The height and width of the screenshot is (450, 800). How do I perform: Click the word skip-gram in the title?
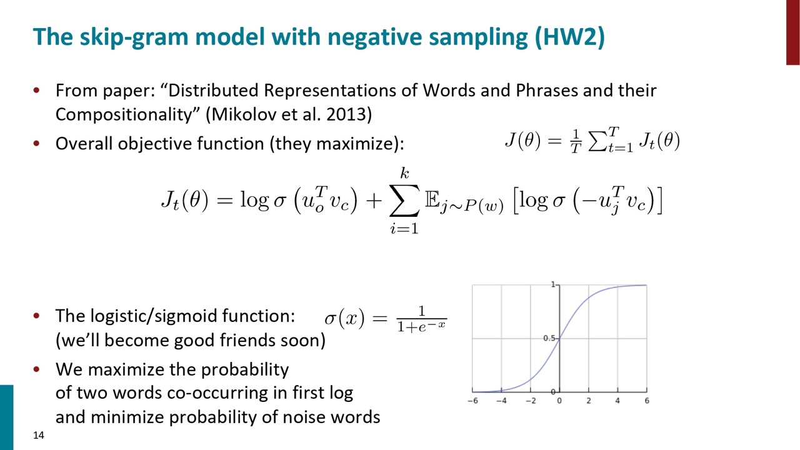click(134, 37)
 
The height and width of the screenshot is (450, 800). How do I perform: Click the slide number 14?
click(39, 436)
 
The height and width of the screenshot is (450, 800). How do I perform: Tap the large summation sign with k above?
click(404, 201)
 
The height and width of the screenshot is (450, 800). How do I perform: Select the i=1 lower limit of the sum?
click(404, 228)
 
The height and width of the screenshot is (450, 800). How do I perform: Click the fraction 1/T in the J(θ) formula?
click(576, 141)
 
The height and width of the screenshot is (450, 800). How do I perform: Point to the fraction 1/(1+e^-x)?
click(422, 319)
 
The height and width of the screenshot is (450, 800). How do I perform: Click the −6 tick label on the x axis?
click(472, 401)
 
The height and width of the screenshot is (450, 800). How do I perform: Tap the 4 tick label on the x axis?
click(617, 401)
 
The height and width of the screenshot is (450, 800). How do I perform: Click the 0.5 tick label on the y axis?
click(549, 338)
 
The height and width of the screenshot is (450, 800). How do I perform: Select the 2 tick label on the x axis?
click(589, 401)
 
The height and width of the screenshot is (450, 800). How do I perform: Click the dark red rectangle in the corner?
click(793, 32)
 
